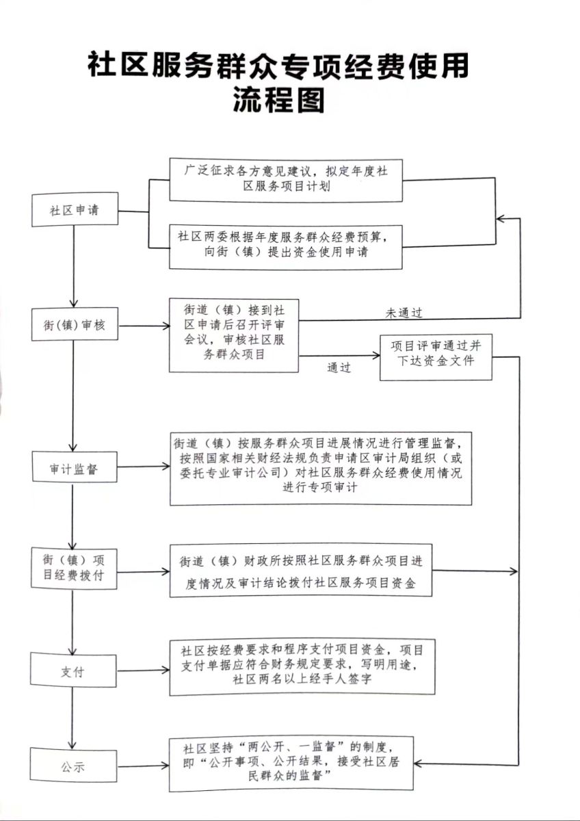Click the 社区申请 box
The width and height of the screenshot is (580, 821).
(x=75, y=210)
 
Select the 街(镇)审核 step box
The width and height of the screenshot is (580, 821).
(x=74, y=326)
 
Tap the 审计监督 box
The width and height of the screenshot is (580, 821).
(x=74, y=470)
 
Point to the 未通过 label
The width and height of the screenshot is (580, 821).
(x=404, y=313)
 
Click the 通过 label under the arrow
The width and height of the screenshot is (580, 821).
(x=339, y=367)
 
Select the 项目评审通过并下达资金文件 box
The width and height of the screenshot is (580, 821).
(x=436, y=357)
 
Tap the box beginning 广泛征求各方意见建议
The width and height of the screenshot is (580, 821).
(x=286, y=179)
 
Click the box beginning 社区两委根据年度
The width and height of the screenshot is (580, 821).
(x=286, y=244)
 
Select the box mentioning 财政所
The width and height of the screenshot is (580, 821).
(x=301, y=571)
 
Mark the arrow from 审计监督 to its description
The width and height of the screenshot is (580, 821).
(x=142, y=467)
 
